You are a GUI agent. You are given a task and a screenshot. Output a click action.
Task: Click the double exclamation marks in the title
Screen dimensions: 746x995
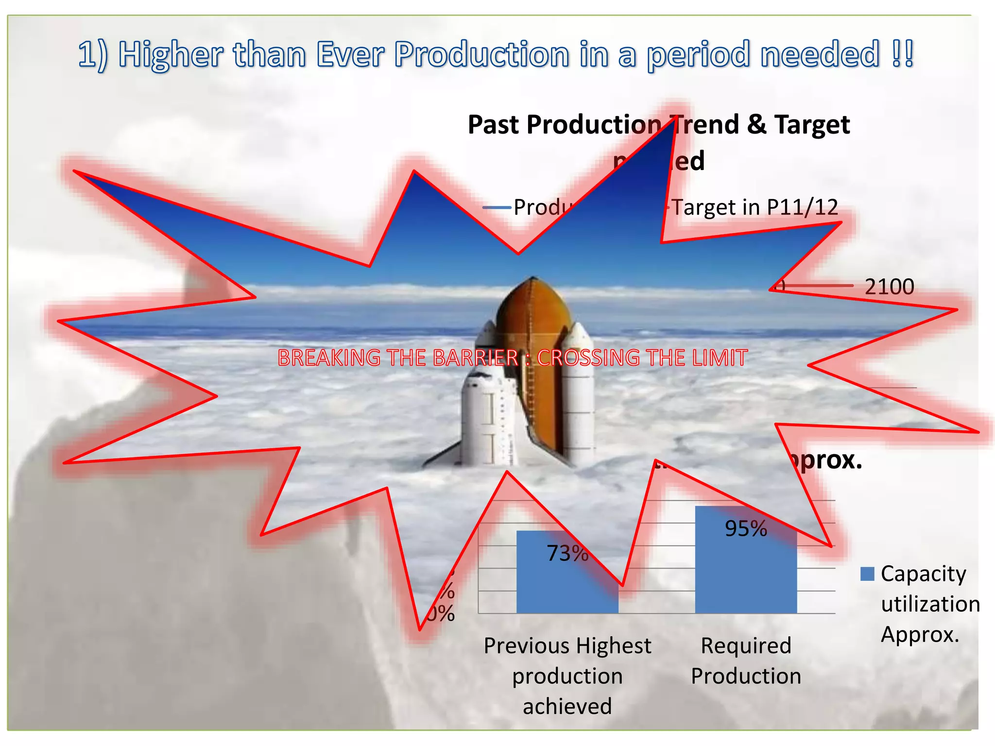903,53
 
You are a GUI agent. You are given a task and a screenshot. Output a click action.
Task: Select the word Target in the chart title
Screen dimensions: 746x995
812,125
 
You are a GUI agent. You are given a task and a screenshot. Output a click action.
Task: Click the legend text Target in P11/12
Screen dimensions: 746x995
755,207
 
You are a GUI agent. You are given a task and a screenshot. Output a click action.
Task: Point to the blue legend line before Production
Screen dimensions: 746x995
497,208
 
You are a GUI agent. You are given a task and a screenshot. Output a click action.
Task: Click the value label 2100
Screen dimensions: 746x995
889,287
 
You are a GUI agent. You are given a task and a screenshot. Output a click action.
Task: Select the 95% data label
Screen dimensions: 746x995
746,528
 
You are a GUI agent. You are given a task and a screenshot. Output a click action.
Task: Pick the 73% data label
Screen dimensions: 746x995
567,553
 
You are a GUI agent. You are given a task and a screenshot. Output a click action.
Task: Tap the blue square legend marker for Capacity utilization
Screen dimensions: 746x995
867,574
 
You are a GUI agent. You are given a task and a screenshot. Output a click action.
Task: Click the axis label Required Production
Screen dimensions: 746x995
746,661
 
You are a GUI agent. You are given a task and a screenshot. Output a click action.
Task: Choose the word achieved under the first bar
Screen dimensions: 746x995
567,706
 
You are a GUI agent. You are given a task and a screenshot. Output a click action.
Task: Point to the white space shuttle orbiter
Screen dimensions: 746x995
486,413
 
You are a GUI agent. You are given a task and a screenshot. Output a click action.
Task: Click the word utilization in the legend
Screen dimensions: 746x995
930,604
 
